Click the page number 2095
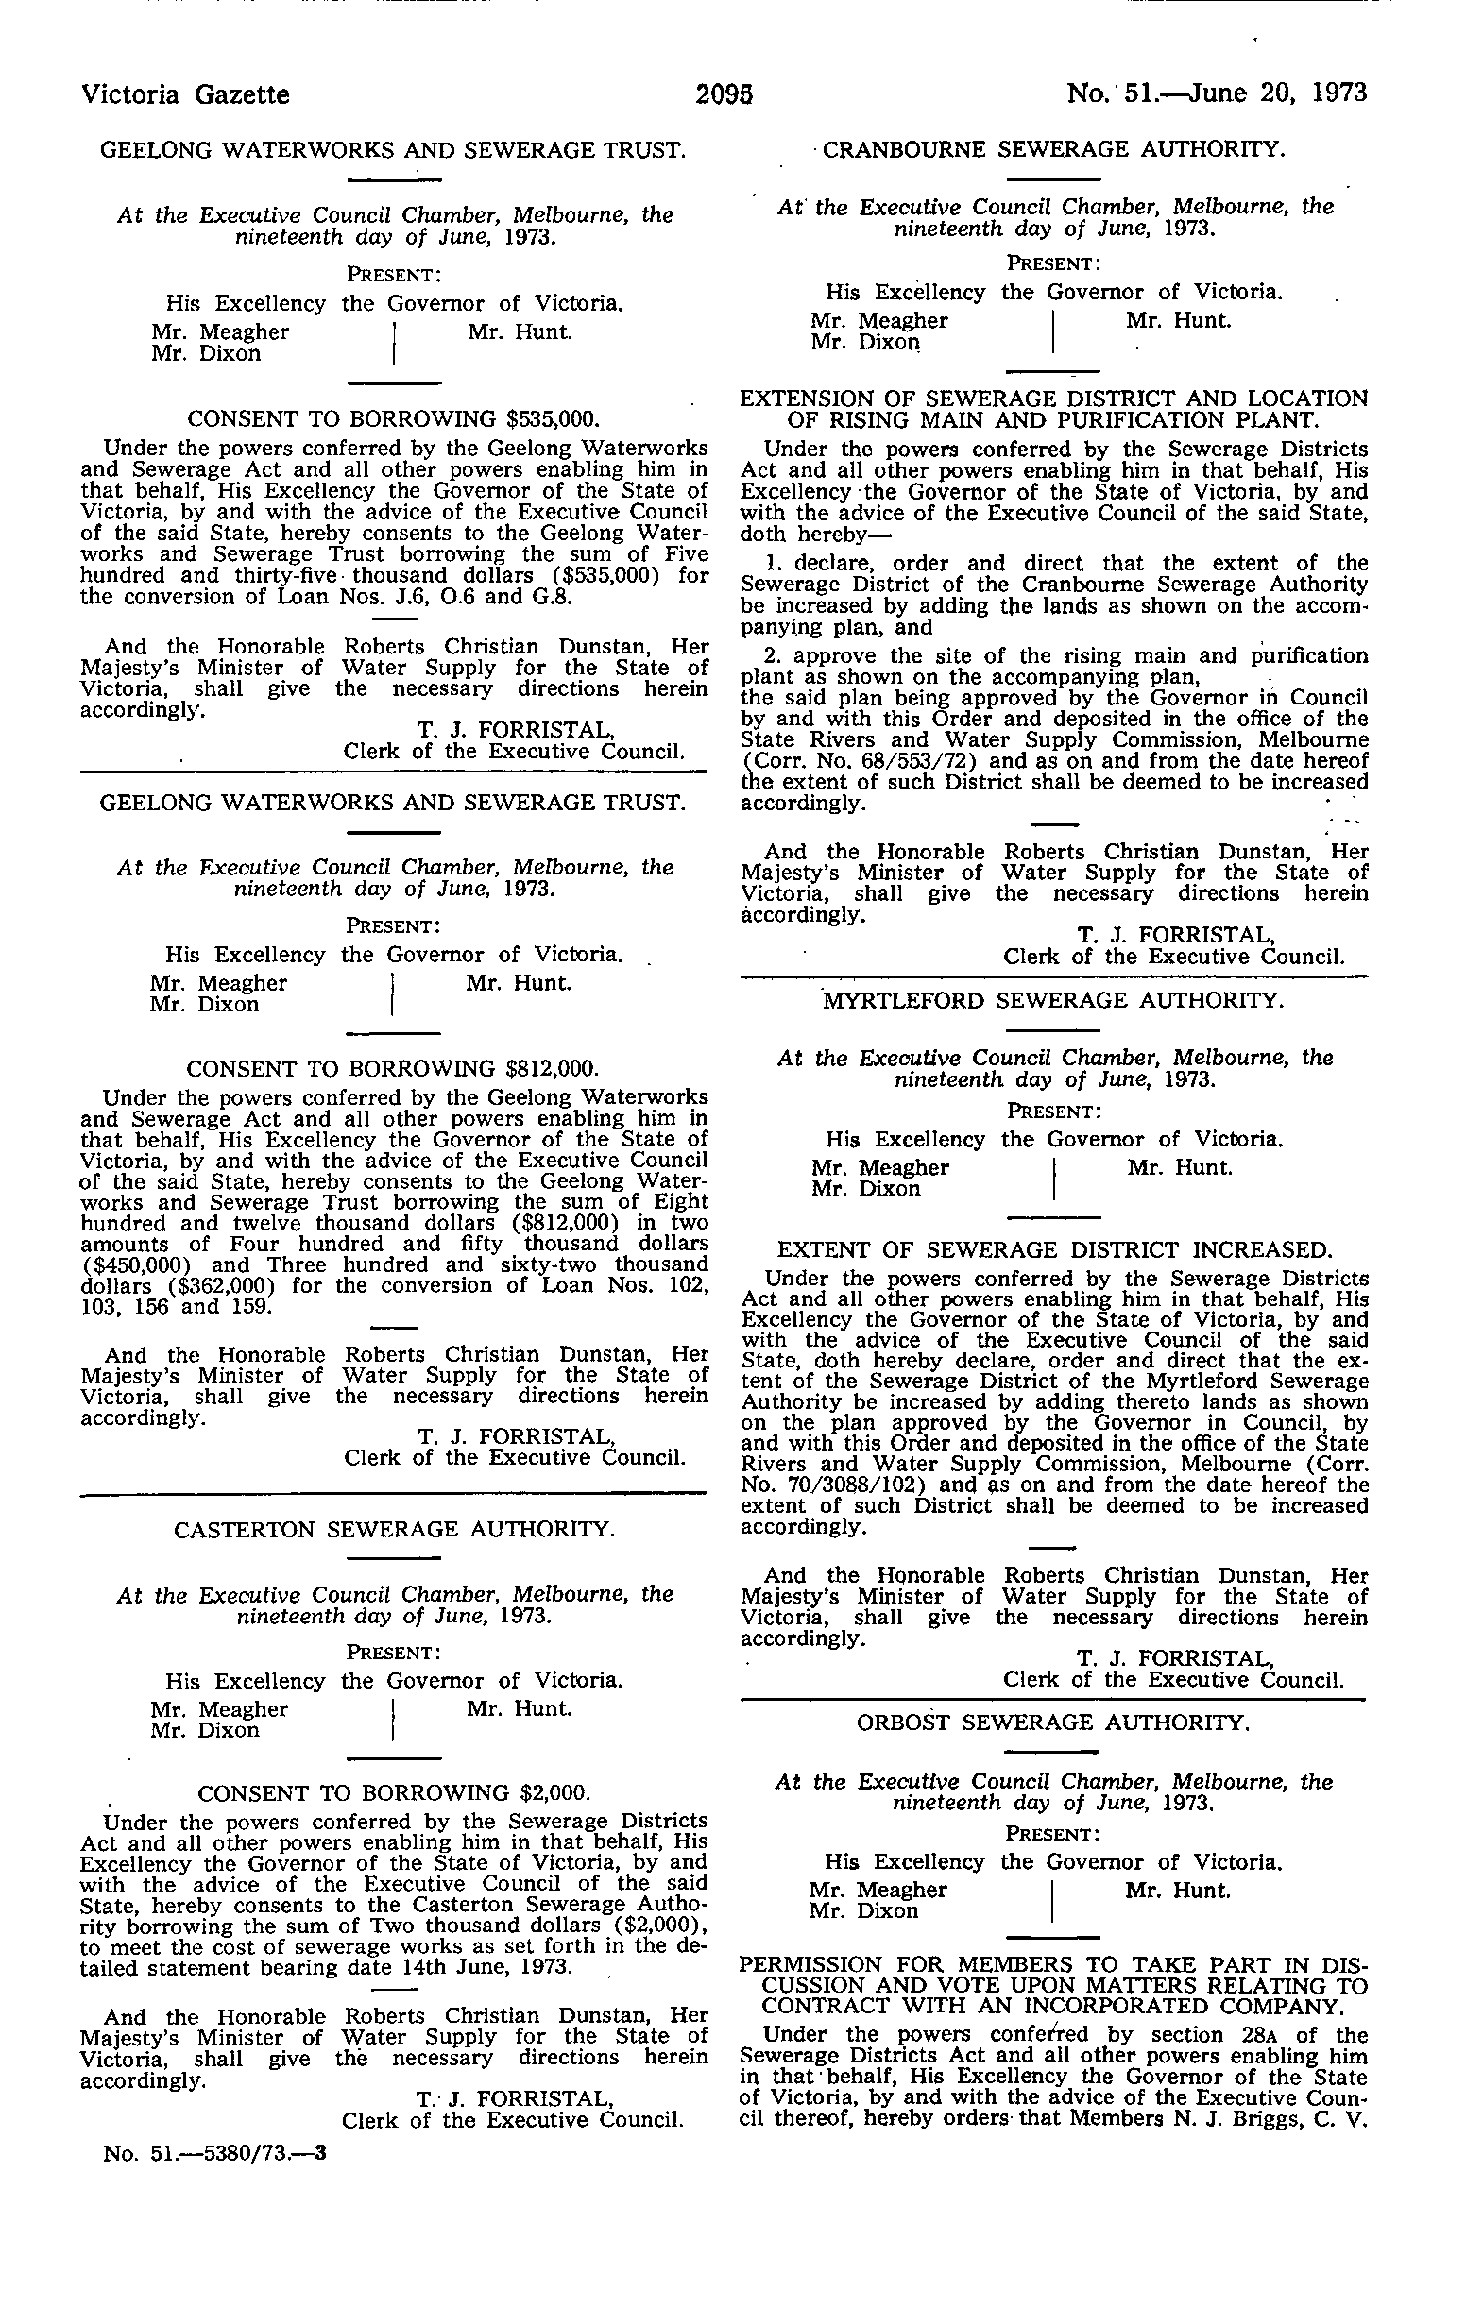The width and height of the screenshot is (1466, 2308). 724,93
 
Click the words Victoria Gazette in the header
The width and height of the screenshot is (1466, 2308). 186,93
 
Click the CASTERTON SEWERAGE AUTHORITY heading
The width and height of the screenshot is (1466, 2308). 393,1530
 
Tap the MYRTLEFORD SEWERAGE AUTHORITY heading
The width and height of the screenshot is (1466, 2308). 1053,1001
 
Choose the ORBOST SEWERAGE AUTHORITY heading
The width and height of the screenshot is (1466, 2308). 1053,1722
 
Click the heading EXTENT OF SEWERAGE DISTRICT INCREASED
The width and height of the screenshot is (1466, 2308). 1053,1249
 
